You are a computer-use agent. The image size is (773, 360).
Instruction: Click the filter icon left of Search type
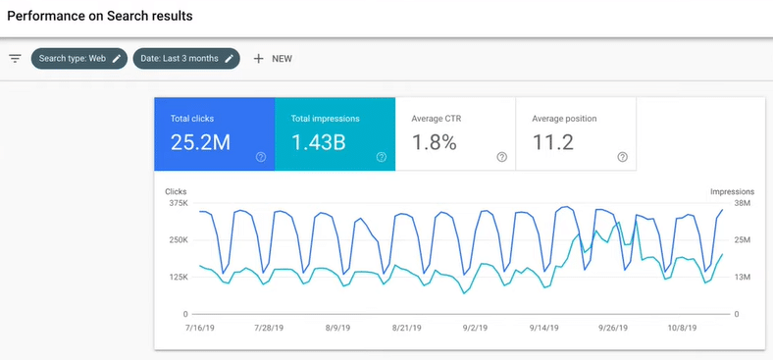(x=15, y=58)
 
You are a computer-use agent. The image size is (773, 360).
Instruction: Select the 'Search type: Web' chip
(x=79, y=58)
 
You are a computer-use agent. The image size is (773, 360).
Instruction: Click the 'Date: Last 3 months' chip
(x=186, y=58)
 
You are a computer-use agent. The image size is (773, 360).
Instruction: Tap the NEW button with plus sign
(x=273, y=58)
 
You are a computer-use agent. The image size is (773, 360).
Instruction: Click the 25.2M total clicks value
(x=200, y=142)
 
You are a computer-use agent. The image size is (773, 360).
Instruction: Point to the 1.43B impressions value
(x=318, y=142)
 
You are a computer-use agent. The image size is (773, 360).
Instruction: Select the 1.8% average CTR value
(x=434, y=142)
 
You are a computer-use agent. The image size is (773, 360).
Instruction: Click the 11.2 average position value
(x=552, y=142)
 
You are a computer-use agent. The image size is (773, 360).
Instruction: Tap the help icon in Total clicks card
(x=261, y=157)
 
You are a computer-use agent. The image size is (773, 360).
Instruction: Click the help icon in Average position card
(x=622, y=157)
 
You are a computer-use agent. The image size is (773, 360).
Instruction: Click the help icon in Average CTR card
(x=501, y=157)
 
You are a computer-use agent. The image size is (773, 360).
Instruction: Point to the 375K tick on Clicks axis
(x=178, y=203)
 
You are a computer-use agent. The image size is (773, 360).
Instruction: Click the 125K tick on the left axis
(x=178, y=278)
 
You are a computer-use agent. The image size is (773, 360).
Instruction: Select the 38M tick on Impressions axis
(x=743, y=203)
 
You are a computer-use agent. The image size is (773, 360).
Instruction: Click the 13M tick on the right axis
(x=743, y=278)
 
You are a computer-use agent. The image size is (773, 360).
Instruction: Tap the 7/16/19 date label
(x=199, y=330)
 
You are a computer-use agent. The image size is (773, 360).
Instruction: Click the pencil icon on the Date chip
(x=230, y=58)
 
